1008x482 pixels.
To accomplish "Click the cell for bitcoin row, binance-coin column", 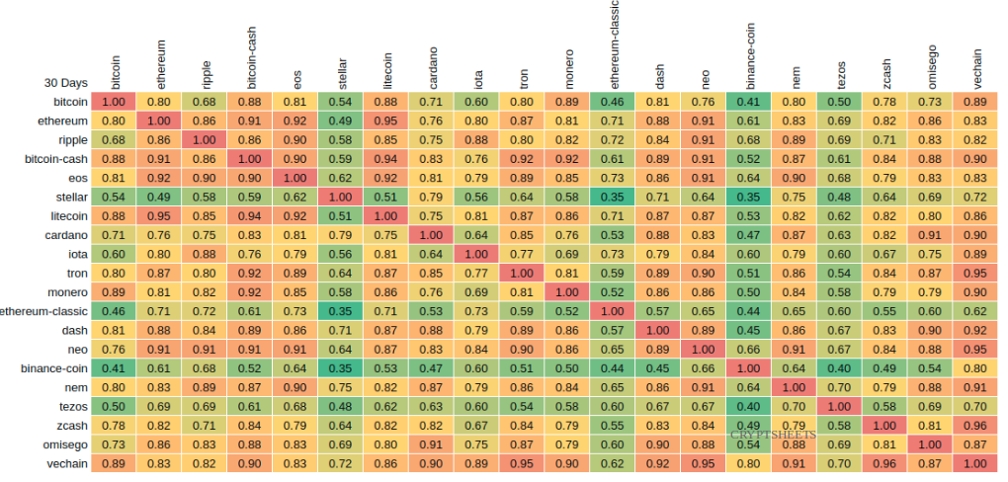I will click(748, 102).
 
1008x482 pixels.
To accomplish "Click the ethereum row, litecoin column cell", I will click(385, 120).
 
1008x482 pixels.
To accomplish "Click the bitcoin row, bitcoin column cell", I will click(114, 102).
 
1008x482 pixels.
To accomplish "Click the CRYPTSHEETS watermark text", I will click(773, 433).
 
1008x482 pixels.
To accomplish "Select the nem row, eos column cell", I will click(294, 386).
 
